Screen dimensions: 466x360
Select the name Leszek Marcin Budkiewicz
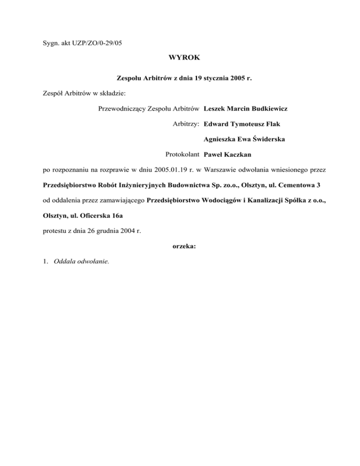click(246, 109)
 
